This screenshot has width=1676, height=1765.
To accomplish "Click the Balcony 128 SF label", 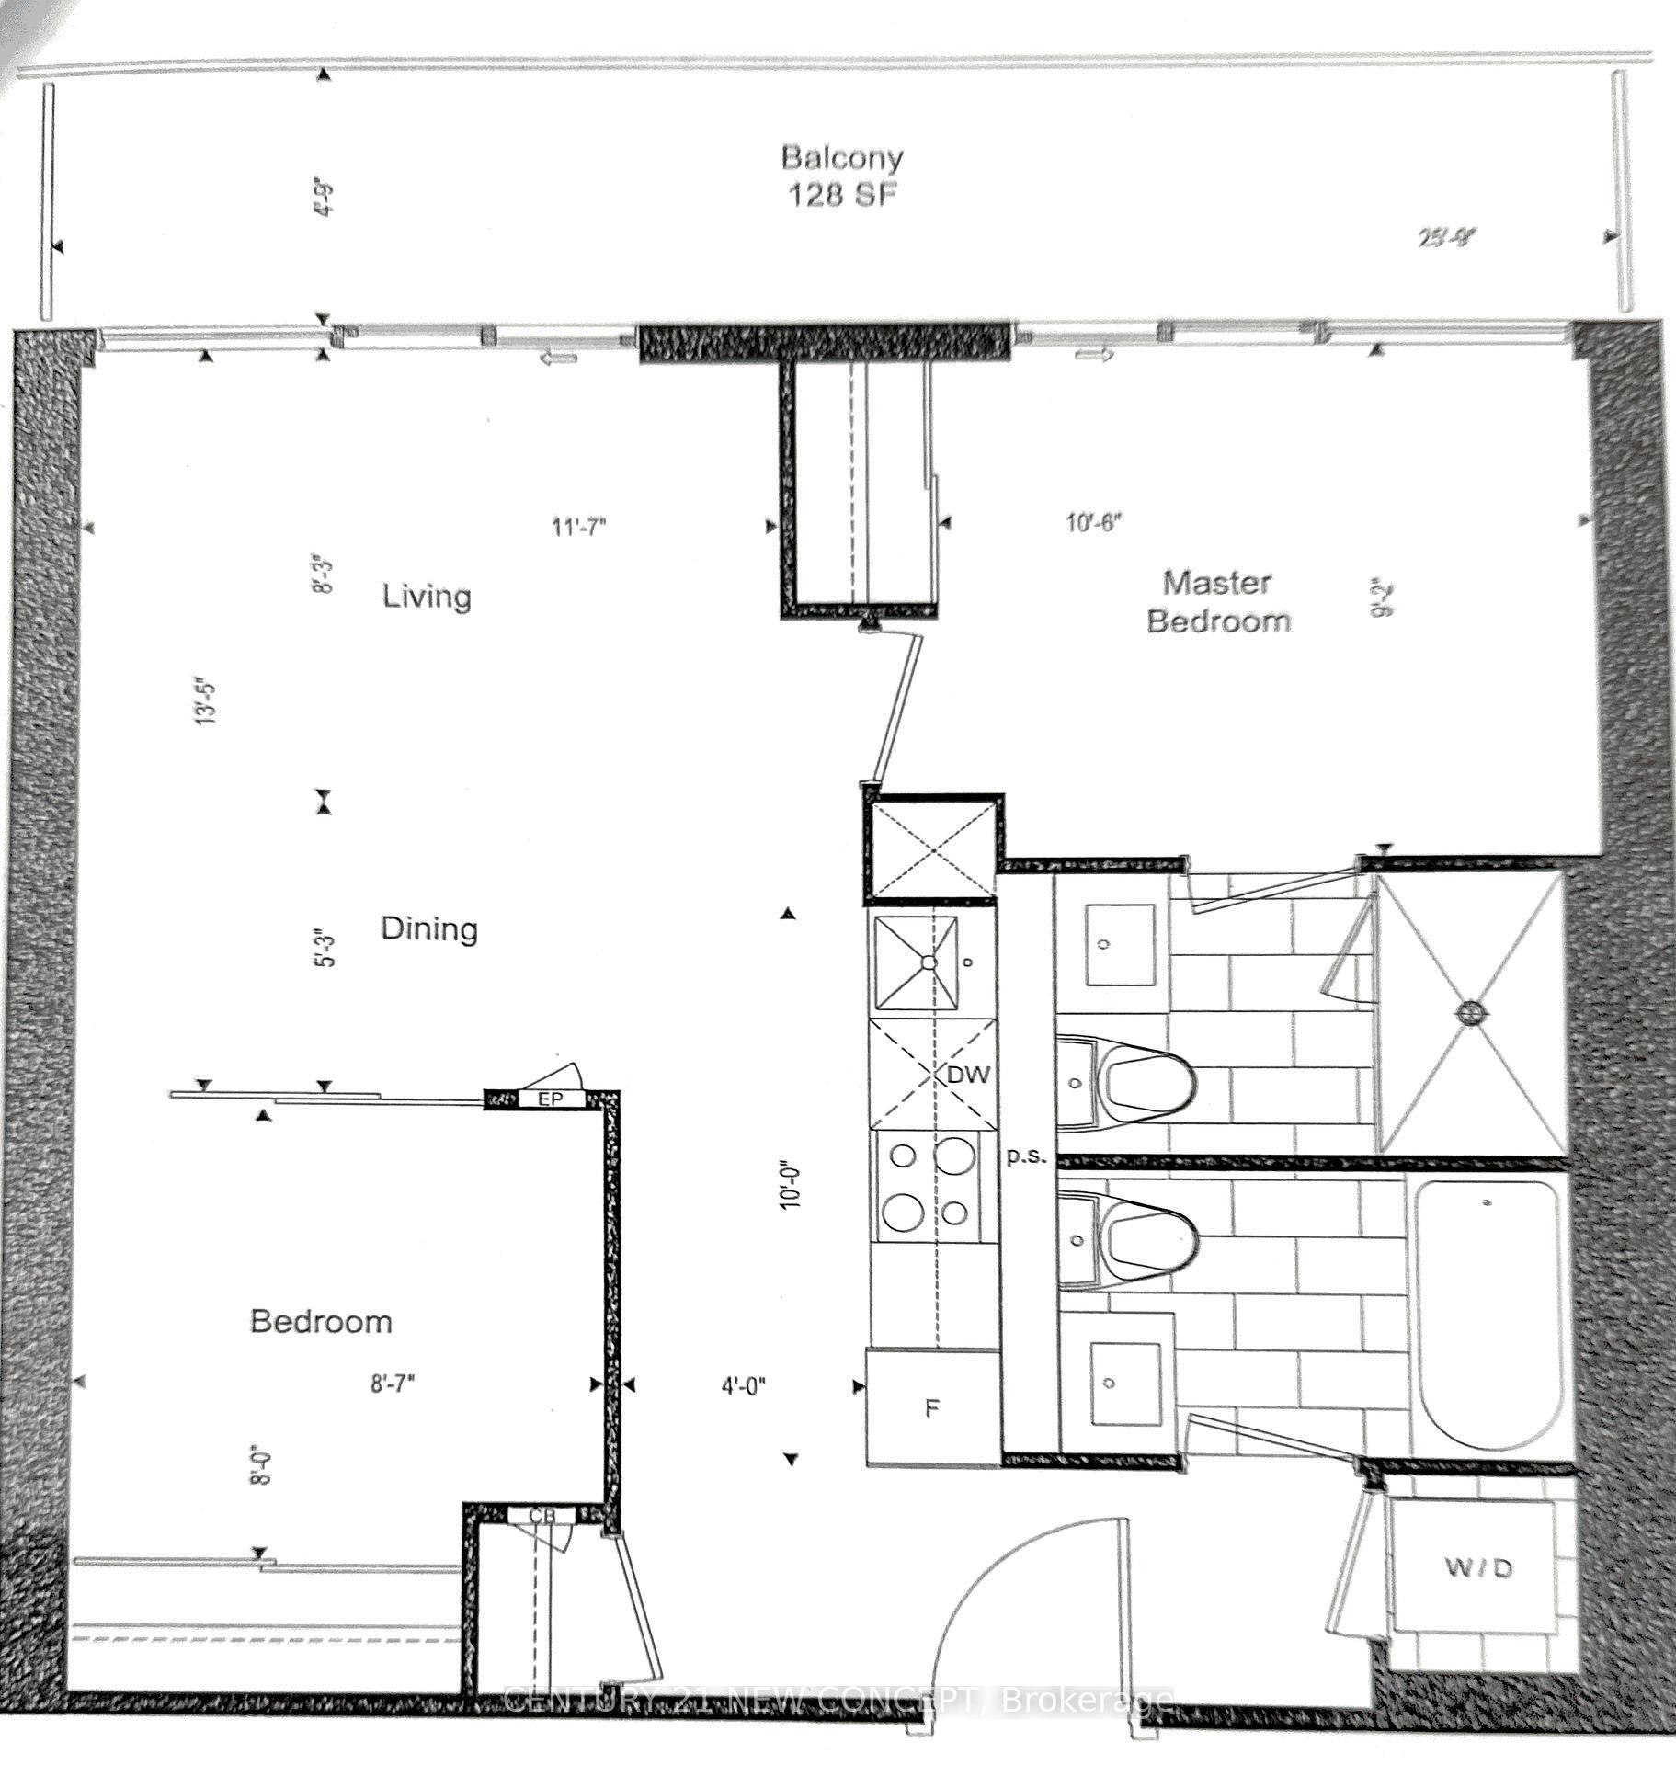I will pos(841,176).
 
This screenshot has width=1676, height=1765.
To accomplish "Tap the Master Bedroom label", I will pos(1217,602).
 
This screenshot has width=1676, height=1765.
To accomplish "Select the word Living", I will pos(427,597).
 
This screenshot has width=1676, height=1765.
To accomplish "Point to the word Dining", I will pos(429,928).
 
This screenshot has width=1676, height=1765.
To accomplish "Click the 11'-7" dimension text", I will pos(579,527).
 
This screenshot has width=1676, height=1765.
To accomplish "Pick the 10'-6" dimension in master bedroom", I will pos(1094,523).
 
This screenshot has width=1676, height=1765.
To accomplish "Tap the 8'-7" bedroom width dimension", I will pos(393,1384).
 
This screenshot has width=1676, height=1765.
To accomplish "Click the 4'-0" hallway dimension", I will pos(744,1385).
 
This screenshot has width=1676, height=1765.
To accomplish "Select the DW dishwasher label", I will pos(968,1074).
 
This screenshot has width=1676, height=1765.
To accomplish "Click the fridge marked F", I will pos(932,1407).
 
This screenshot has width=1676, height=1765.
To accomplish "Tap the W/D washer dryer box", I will pos(1477,1568).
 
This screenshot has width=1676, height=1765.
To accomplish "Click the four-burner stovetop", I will pos(929,1186).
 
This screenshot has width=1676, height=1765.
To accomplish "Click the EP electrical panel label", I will pos(549,1099).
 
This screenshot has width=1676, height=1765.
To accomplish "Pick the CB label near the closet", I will pos(542,1515).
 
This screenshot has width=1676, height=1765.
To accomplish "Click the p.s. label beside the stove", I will pos(1026,1156).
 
